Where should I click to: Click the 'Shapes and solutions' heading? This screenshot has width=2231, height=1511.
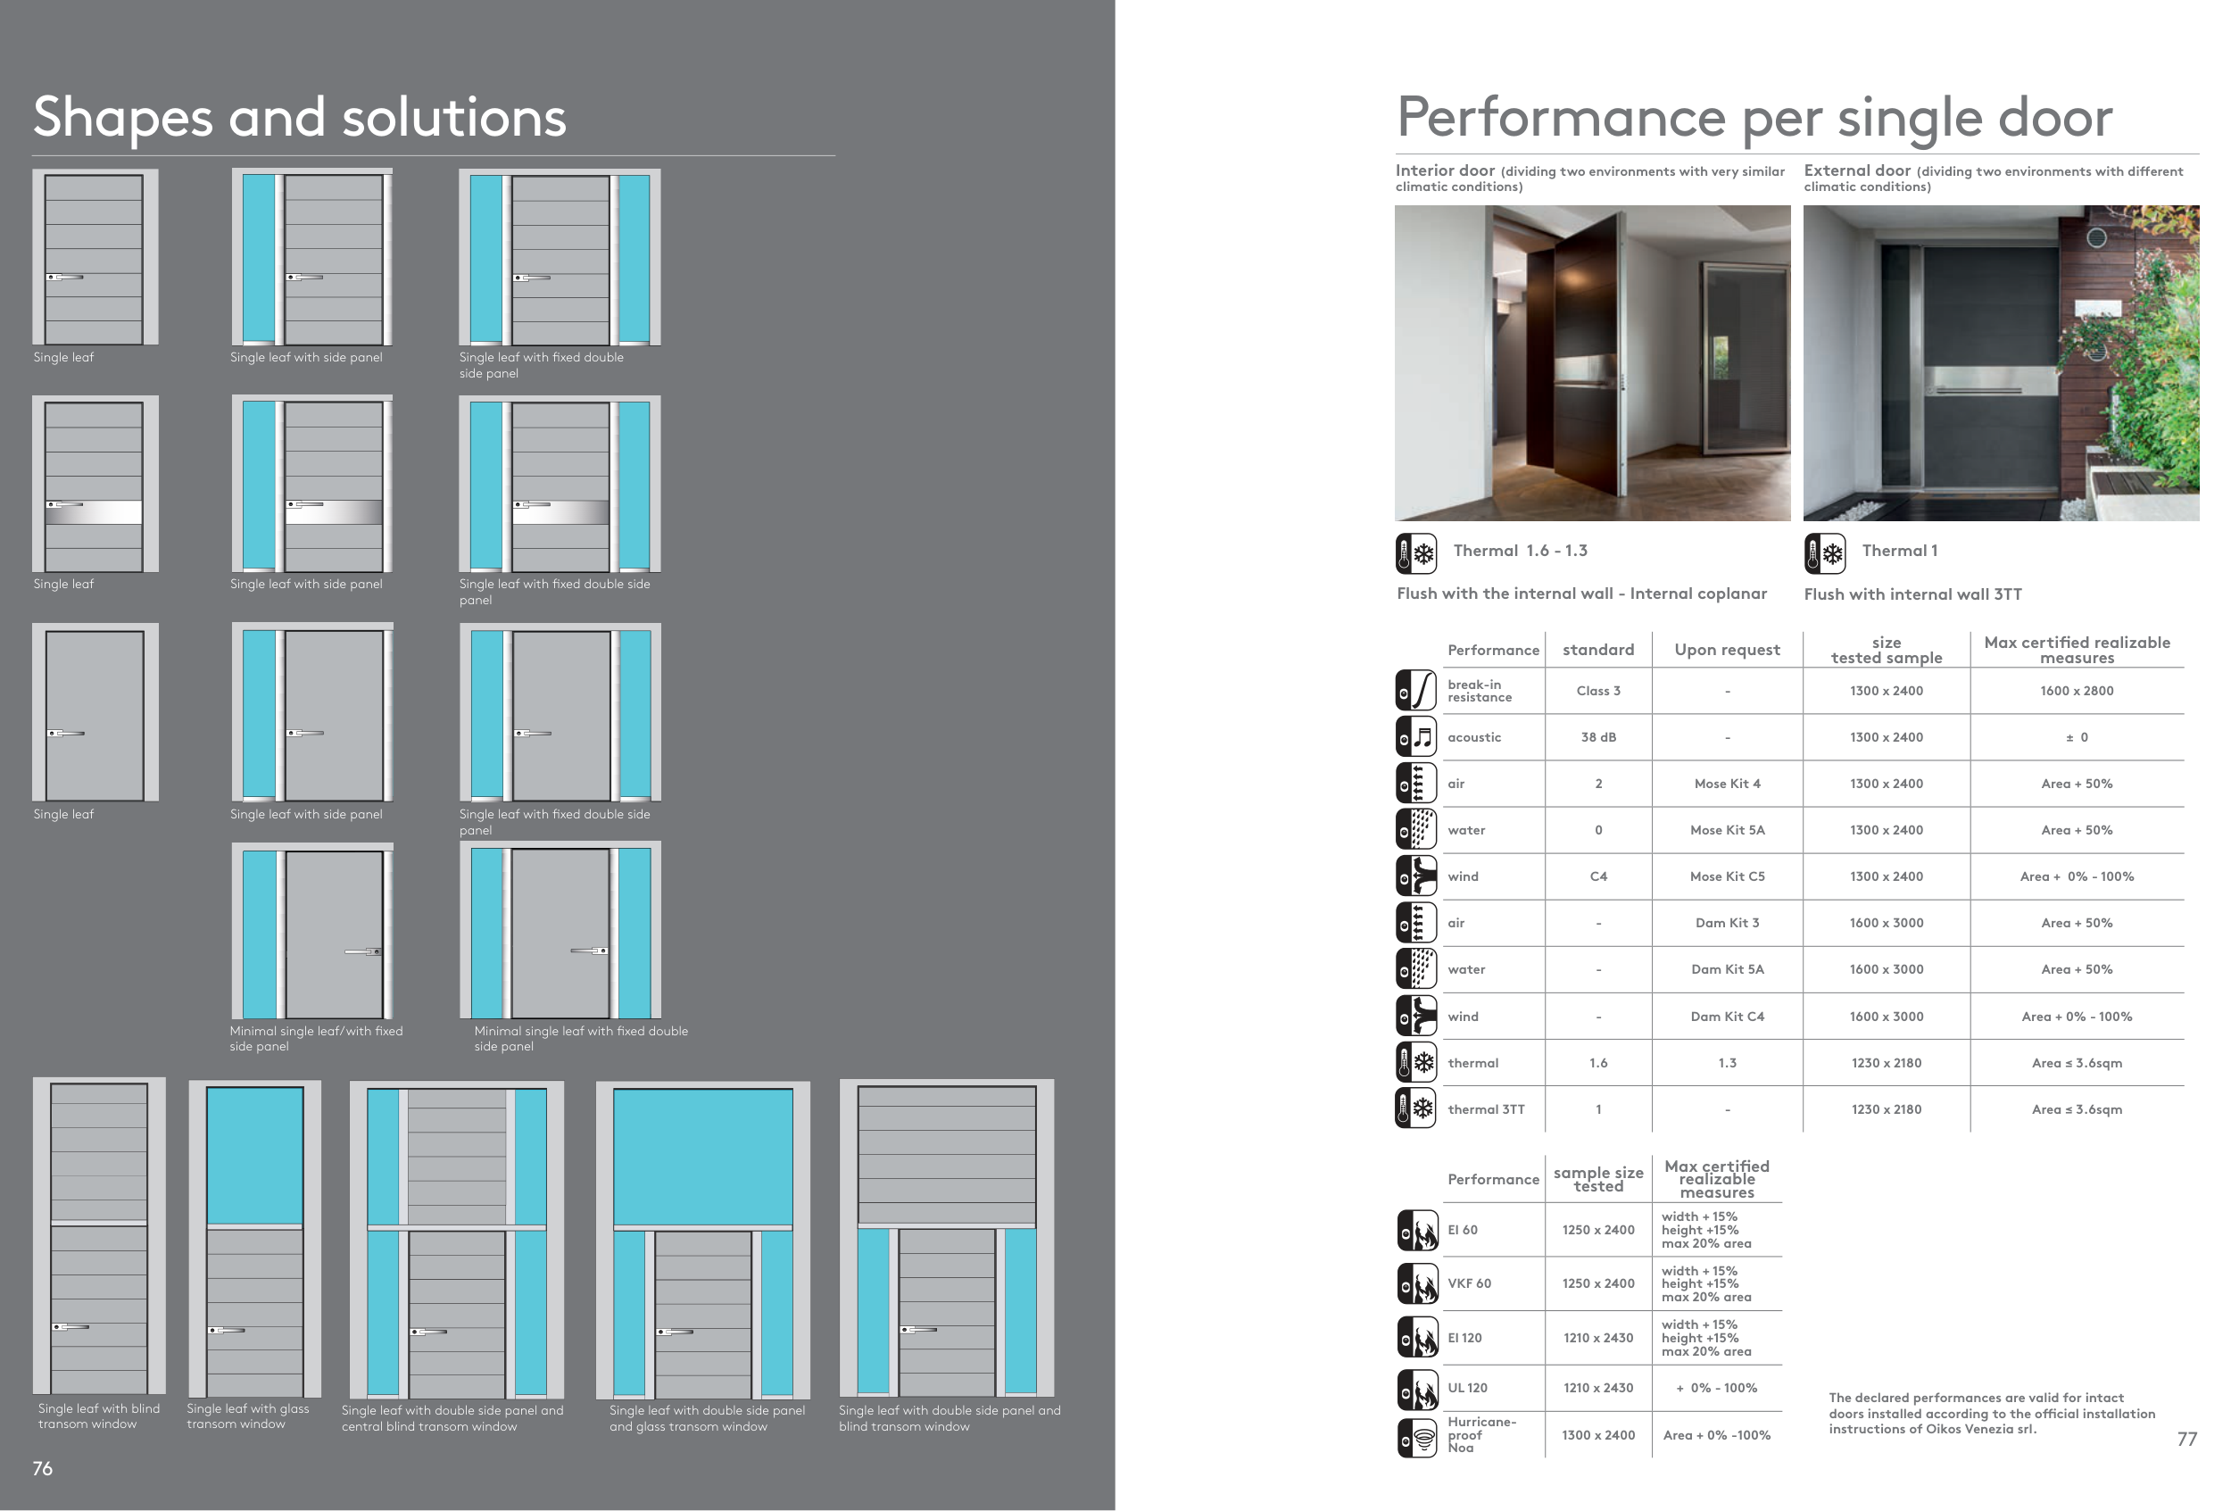point(300,117)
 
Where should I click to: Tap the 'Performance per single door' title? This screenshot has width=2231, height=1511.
point(1754,117)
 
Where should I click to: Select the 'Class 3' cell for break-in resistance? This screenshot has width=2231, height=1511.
point(1597,691)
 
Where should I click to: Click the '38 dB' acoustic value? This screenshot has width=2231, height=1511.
point(1597,737)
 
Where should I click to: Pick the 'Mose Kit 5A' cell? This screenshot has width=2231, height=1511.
point(1727,830)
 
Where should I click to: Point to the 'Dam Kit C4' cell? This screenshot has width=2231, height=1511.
point(1727,1017)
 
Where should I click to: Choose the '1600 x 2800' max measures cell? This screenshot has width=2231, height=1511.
point(2077,691)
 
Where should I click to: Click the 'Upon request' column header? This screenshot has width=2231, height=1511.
point(1727,650)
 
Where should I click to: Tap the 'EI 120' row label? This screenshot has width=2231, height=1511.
point(1464,1338)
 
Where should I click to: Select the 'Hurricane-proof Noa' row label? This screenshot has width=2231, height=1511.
point(1481,1435)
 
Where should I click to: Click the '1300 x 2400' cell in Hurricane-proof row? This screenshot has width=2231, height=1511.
point(1597,1435)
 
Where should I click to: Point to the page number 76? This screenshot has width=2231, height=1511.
point(42,1469)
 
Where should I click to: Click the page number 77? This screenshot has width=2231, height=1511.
point(2187,1439)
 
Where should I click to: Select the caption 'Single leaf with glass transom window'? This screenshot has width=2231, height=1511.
point(248,1416)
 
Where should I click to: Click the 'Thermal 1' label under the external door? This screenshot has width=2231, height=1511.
point(1899,551)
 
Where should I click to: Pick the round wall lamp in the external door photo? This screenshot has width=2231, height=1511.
point(2096,237)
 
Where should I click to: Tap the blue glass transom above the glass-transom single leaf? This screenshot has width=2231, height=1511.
point(254,1155)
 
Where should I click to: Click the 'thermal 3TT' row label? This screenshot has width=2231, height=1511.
point(1485,1109)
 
